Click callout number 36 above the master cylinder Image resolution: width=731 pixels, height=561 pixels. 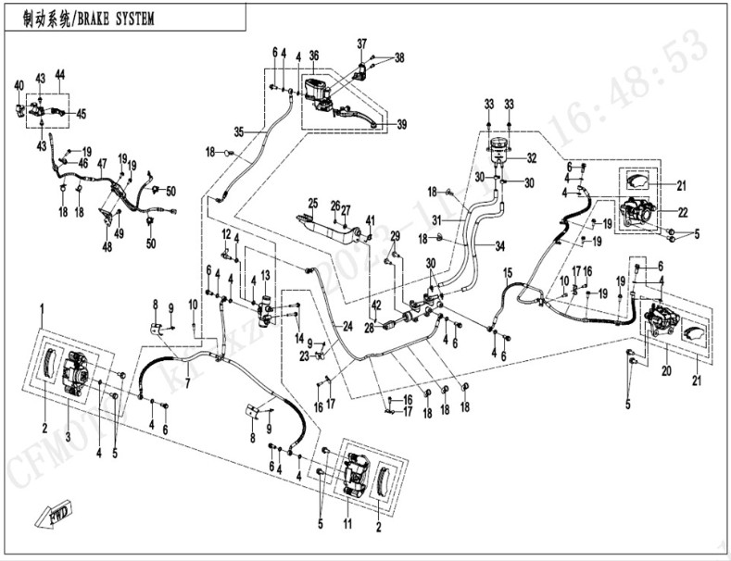pyautogui.click(x=314, y=55)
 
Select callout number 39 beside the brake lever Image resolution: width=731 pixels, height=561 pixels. pyautogui.click(x=401, y=125)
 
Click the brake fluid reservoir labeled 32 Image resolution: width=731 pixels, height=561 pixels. pyautogui.click(x=501, y=151)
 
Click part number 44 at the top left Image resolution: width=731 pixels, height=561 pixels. pyautogui.click(x=59, y=74)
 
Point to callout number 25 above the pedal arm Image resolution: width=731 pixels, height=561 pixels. pyautogui.click(x=313, y=203)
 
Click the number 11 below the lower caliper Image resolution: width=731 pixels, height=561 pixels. pyautogui.click(x=347, y=524)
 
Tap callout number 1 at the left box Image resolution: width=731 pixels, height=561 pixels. pyautogui.click(x=42, y=305)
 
